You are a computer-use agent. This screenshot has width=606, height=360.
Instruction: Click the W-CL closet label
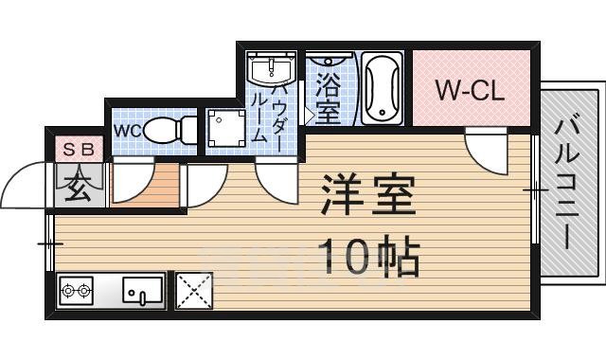[x=470, y=91]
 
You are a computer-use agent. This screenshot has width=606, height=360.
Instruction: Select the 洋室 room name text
[x=367, y=195]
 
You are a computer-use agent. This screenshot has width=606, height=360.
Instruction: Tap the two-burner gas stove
[x=76, y=291]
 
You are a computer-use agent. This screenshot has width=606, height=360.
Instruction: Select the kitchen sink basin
[x=142, y=291]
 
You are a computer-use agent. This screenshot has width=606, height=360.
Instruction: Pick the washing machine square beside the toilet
[x=228, y=129]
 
